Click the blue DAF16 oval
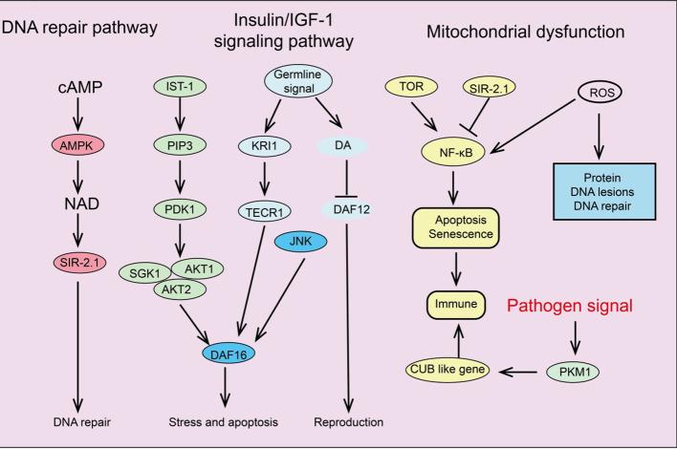[232, 353]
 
